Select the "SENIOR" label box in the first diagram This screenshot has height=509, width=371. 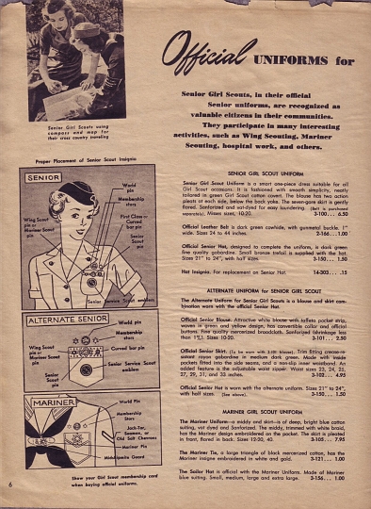tap(44, 177)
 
